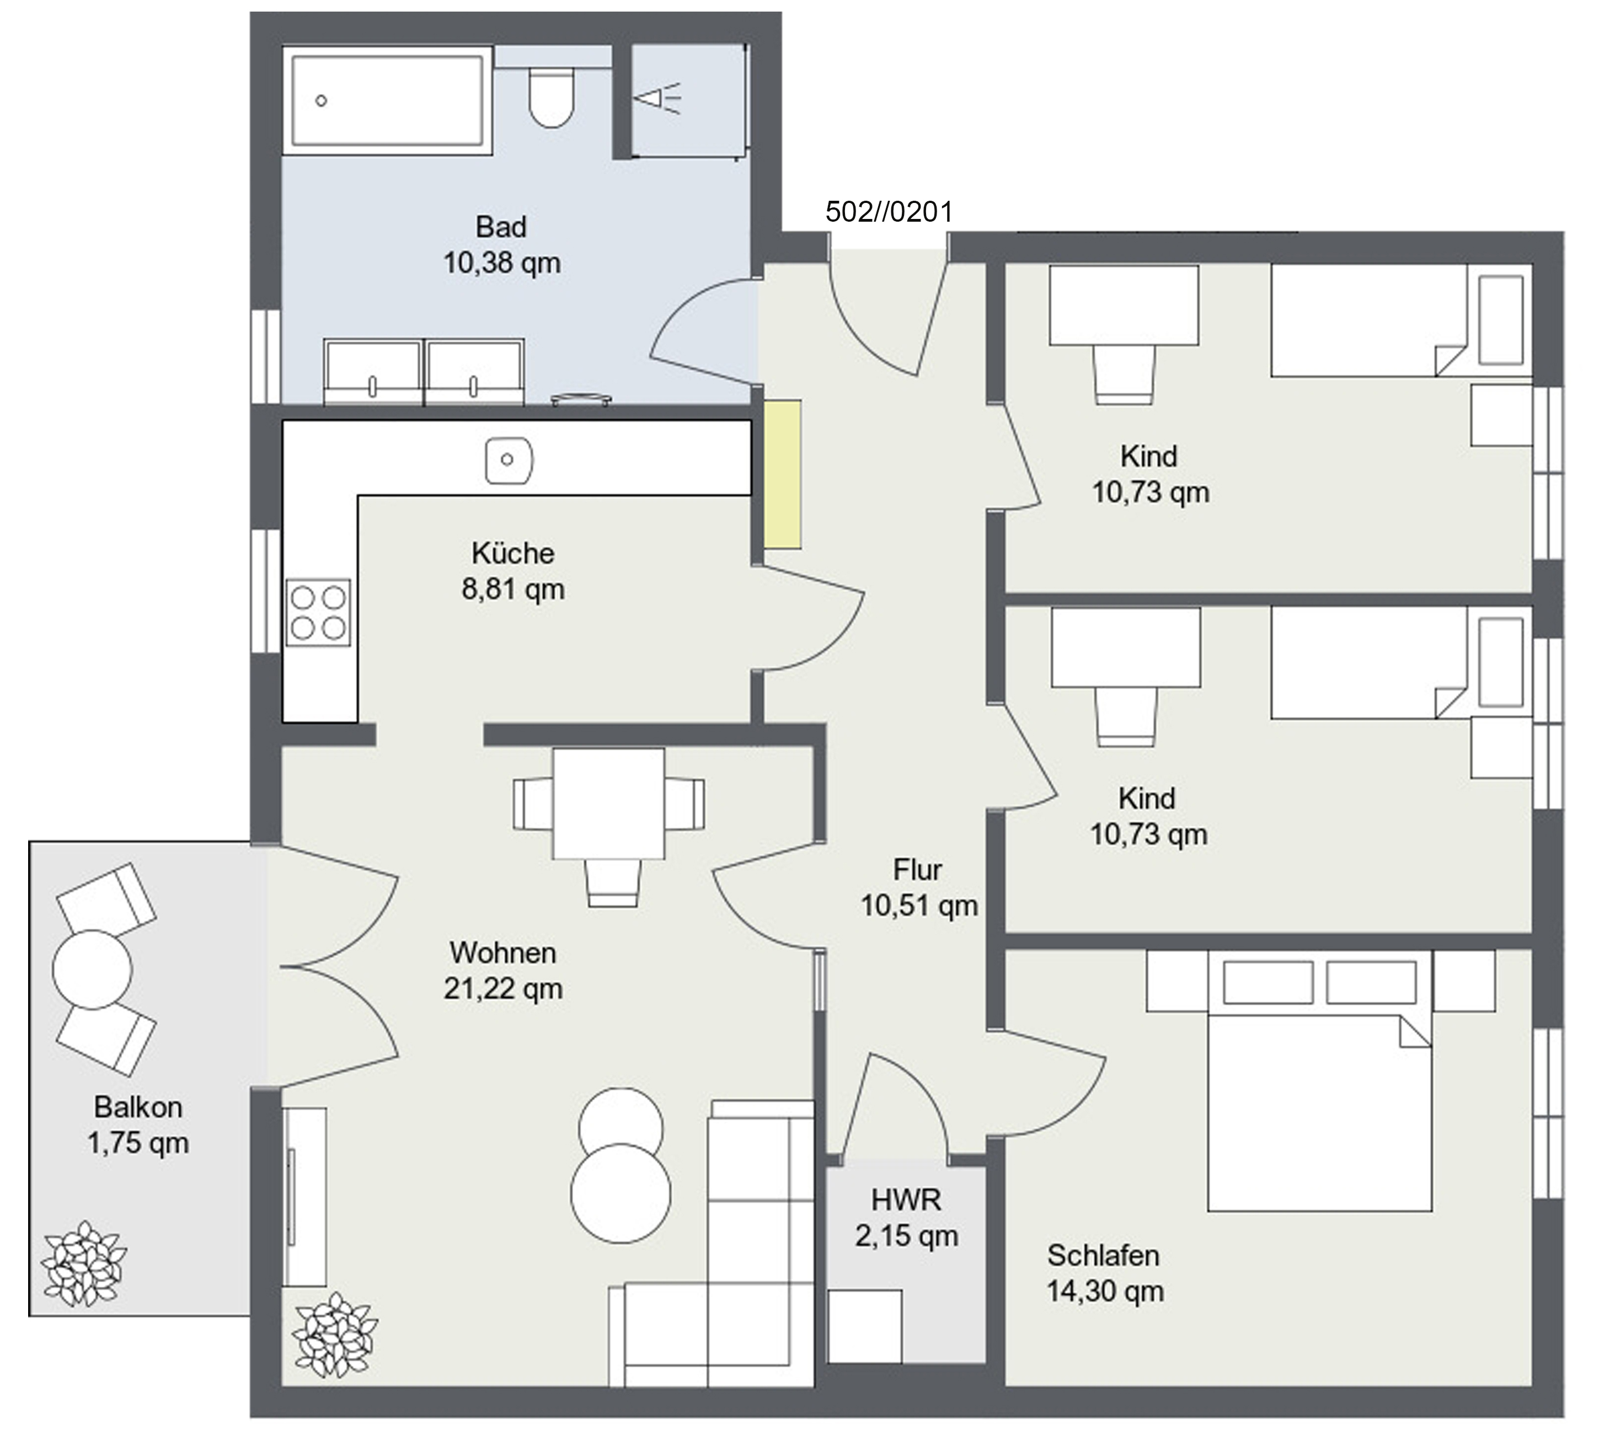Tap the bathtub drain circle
click(321, 101)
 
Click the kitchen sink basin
click(509, 459)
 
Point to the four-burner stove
click(318, 613)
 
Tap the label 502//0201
click(889, 212)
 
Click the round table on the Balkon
click(92, 969)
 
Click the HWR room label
click(906, 1200)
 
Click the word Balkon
click(138, 1107)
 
